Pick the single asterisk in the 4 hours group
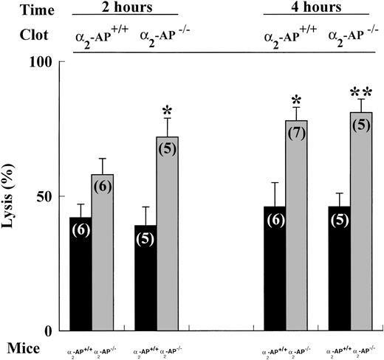coord(296,98)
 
